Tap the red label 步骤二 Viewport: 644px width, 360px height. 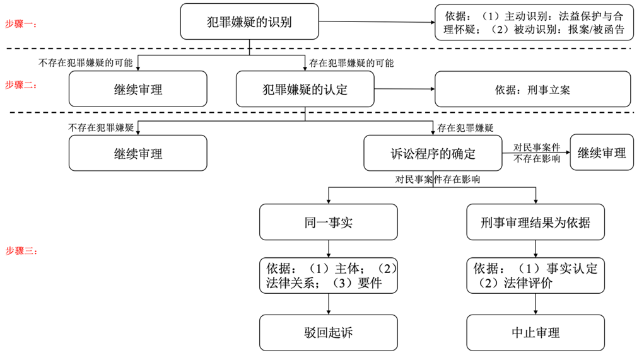pyautogui.click(x=21, y=84)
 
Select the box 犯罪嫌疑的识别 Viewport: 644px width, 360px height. pyautogui.click(x=250, y=21)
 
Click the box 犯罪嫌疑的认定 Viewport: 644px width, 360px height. pyautogui.click(x=305, y=89)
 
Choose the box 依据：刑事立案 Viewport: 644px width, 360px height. pyautogui.click(x=532, y=89)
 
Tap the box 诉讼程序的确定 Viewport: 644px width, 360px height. pyautogui.click(x=433, y=153)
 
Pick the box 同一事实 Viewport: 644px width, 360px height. pyautogui.click(x=329, y=222)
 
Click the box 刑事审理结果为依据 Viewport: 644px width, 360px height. pyautogui.click(x=536, y=222)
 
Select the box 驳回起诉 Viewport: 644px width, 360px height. pyautogui.click(x=329, y=333)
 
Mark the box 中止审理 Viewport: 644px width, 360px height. pyautogui.click(x=536, y=333)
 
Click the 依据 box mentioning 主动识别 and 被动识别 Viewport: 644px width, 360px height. pyautogui.click(x=532, y=22)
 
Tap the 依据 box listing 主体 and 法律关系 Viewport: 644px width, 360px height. pyautogui.click(x=329, y=276)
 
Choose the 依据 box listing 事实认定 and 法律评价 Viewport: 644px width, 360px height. pyautogui.click(x=536, y=276)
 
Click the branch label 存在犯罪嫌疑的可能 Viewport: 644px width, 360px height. pyautogui.click(x=351, y=63)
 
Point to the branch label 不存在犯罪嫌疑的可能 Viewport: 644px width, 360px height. pyautogui.click(x=86, y=63)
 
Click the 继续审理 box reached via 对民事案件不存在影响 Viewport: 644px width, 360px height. pyautogui.click(x=601, y=153)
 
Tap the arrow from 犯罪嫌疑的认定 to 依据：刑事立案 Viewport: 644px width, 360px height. pyautogui.click(x=404, y=89)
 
